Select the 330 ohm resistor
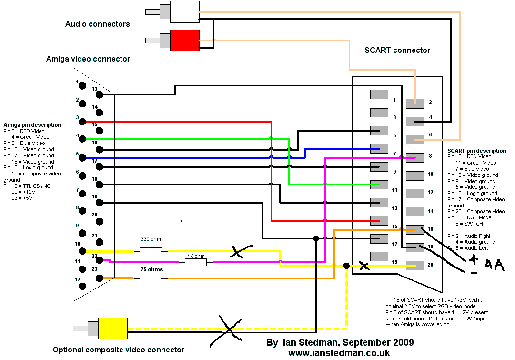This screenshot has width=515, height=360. click(x=151, y=251)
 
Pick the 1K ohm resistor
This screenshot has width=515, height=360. click(x=195, y=262)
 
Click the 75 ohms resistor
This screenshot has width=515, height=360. click(x=151, y=278)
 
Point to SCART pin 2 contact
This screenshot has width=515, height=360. click(x=415, y=103)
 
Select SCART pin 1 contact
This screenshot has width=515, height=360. click(x=379, y=94)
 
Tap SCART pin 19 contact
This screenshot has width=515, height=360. click(x=379, y=257)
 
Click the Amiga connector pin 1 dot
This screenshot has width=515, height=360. click(x=82, y=86)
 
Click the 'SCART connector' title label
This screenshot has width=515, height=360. click(x=397, y=50)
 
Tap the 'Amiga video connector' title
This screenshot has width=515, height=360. click(x=88, y=59)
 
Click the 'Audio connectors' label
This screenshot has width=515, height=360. click(x=97, y=24)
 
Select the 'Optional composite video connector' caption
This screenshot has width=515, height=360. click(x=119, y=350)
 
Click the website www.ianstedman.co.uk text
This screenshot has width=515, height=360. click(x=339, y=353)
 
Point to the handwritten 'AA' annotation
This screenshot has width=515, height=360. click(x=495, y=265)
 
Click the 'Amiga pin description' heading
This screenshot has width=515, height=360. click(x=32, y=125)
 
